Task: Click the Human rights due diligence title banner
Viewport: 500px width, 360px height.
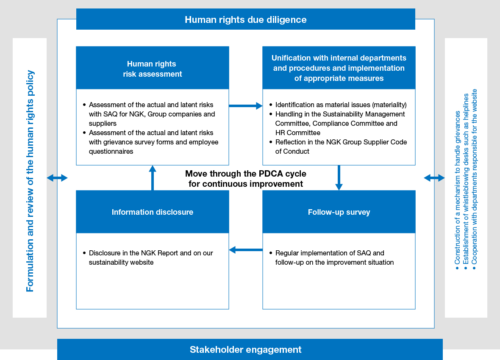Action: [245, 19]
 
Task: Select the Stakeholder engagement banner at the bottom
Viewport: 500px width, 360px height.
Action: [245, 349]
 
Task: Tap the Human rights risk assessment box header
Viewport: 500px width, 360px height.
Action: [153, 69]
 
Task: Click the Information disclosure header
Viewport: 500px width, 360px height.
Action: [153, 212]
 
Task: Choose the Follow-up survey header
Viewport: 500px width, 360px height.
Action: [339, 212]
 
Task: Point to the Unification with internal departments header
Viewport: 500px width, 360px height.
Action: [339, 68]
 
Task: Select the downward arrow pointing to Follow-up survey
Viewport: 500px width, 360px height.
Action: [339, 177]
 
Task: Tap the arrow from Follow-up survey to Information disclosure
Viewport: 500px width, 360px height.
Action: [246, 250]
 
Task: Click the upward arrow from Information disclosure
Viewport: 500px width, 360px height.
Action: [153, 177]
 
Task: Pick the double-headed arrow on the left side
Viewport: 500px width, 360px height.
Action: [57, 178]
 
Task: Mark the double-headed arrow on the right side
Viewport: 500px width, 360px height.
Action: [434, 178]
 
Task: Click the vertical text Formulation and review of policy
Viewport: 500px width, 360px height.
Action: [30, 181]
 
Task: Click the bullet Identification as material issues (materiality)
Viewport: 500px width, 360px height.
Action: [341, 105]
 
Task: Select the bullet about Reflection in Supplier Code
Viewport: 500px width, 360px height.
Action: [341, 147]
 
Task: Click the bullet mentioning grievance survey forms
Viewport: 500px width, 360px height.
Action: [153, 142]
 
